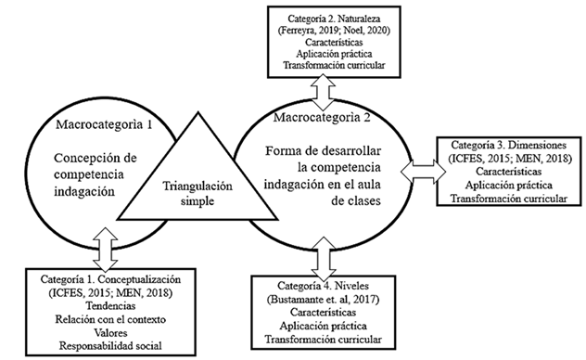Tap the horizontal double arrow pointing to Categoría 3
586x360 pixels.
(416, 170)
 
